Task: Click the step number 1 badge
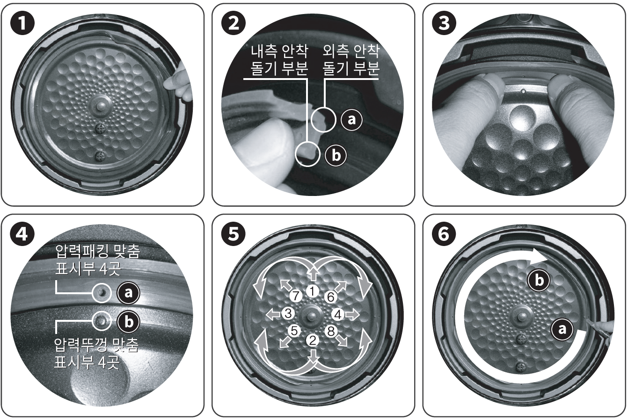(x=22, y=23)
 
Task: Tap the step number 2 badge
(x=234, y=23)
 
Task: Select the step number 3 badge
(x=444, y=23)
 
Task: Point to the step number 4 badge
(x=22, y=234)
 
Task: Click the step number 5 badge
(x=234, y=234)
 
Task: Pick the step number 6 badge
(x=444, y=234)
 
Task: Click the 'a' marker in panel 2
(x=351, y=120)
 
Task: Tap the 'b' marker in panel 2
(x=336, y=155)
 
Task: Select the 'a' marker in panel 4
(x=128, y=293)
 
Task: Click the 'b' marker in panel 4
(x=128, y=321)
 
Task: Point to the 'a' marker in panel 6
(x=562, y=329)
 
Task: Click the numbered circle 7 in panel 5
(x=295, y=296)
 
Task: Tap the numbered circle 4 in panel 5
(x=338, y=314)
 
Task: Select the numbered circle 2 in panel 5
(x=313, y=340)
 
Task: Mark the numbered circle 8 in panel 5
(x=331, y=331)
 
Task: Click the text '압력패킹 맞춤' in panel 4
(x=97, y=251)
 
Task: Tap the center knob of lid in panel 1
(x=101, y=106)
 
